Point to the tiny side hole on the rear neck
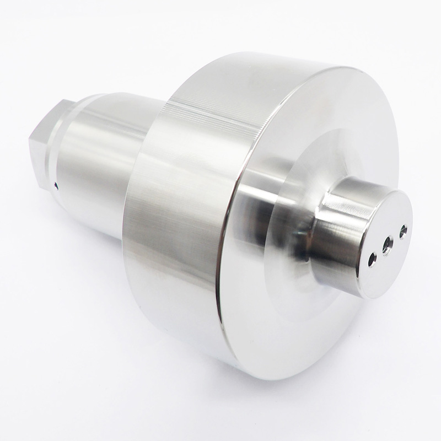(x=56, y=186)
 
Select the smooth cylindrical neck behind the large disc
(x=99, y=165)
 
